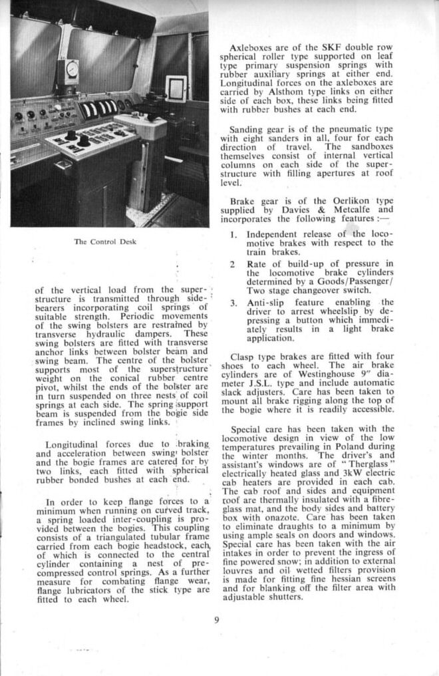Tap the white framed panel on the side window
176,88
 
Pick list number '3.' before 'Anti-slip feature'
233,303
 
